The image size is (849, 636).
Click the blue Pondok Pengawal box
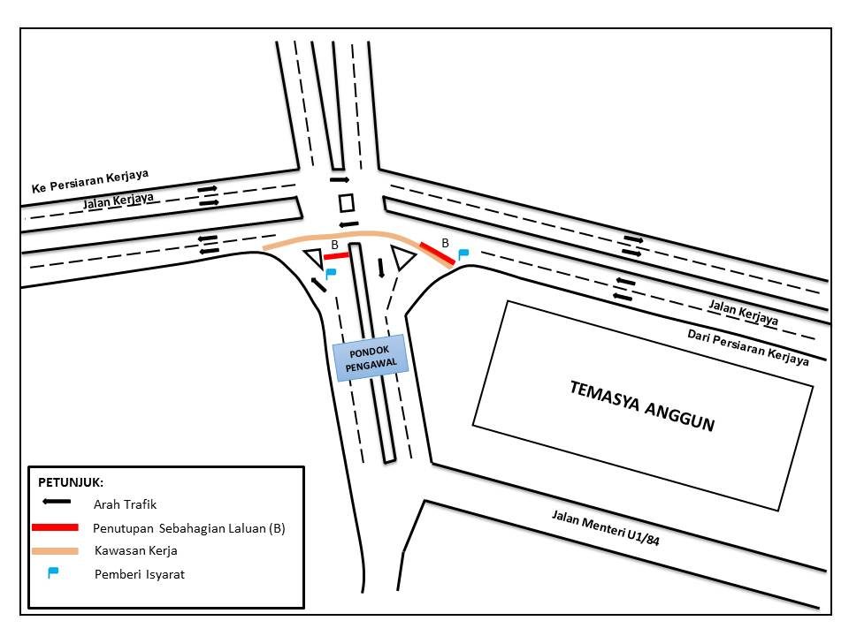(x=371, y=358)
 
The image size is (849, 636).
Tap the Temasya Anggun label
(x=642, y=405)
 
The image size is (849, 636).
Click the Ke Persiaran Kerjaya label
(x=90, y=181)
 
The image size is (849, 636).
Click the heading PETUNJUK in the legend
(x=71, y=482)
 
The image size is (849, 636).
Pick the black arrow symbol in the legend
(x=57, y=502)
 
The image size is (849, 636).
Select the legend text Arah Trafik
(x=125, y=504)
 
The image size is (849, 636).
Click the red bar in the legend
(x=55, y=527)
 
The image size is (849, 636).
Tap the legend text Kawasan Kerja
(x=136, y=550)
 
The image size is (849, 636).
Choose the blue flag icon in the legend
(x=52, y=572)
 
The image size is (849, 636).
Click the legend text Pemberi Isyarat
(x=140, y=574)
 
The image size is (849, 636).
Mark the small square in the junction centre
(x=347, y=203)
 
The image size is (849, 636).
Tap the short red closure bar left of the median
(x=336, y=256)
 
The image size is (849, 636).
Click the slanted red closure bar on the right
(x=437, y=254)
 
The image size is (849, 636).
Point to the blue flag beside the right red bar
(x=463, y=254)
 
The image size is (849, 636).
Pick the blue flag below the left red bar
(x=331, y=274)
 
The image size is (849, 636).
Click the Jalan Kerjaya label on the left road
(x=118, y=201)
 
